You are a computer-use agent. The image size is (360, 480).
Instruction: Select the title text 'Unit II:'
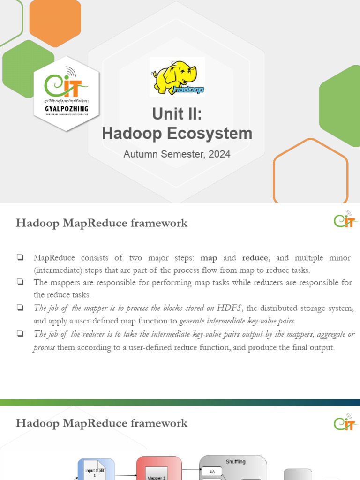click(177, 114)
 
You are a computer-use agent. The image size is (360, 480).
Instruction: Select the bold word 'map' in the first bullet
click(209, 258)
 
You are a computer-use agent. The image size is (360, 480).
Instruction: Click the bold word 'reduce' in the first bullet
click(255, 258)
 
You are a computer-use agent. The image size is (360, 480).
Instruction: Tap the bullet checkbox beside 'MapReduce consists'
click(20, 257)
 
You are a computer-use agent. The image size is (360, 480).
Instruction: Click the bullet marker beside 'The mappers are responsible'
click(20, 282)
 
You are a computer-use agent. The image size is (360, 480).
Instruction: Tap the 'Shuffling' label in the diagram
click(235, 462)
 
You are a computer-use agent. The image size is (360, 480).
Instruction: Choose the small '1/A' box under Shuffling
click(212, 472)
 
